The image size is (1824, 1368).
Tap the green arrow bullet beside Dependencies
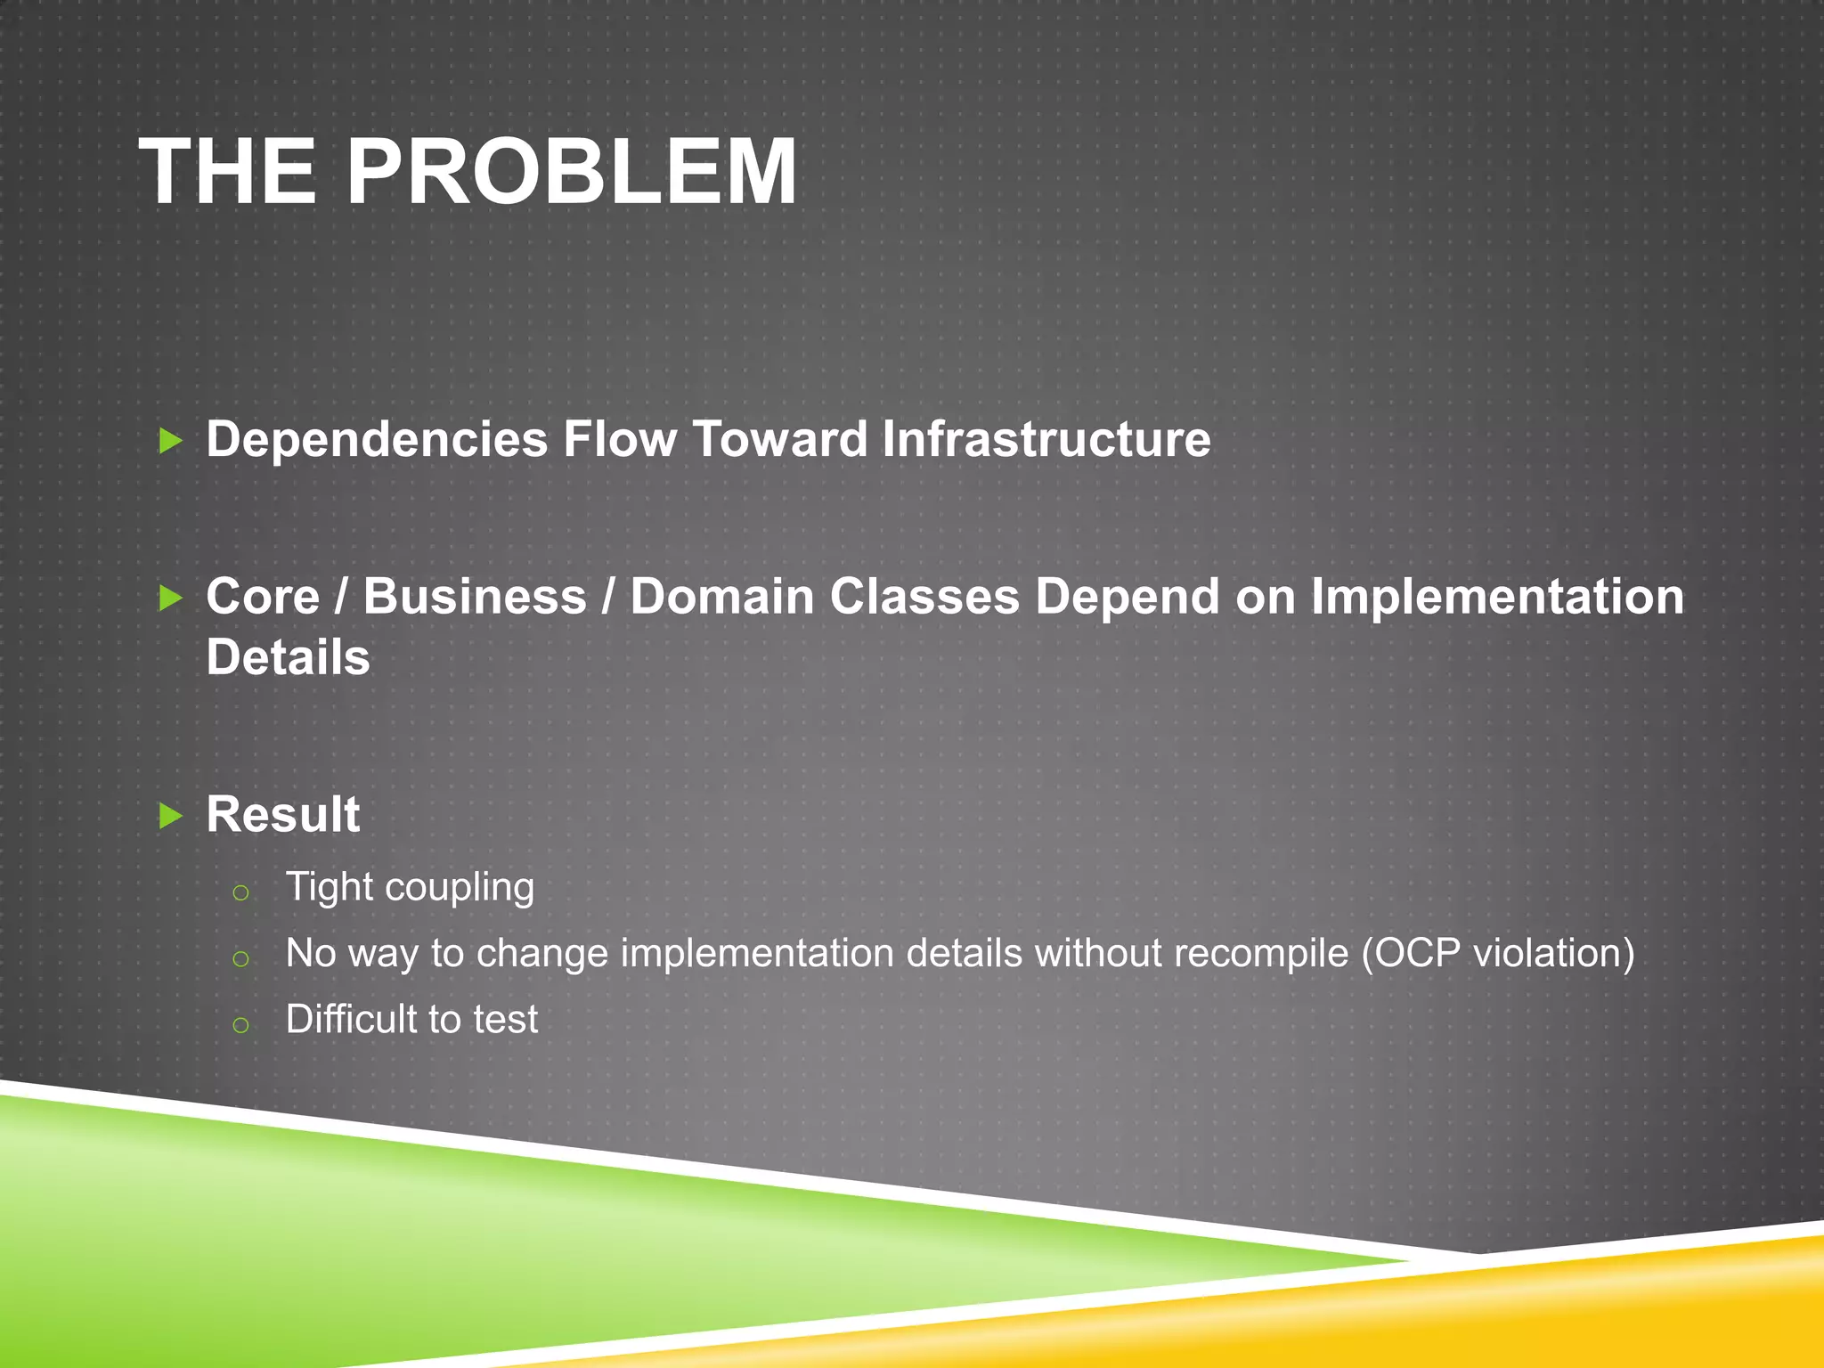[169, 440]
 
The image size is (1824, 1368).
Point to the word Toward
[779, 439]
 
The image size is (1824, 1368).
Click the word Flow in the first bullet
[619, 439]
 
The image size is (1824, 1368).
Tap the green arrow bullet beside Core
[169, 598]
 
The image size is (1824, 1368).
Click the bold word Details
[288, 657]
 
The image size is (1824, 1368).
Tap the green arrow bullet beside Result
[169, 815]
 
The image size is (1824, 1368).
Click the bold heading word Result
[282, 814]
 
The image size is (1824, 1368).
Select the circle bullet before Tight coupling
[240, 892]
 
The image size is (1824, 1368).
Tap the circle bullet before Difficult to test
[240, 1024]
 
